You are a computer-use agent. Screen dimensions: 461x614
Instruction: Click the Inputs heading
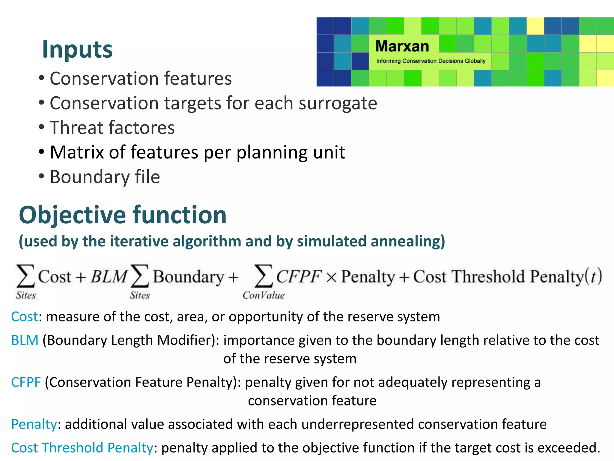pyautogui.click(x=77, y=50)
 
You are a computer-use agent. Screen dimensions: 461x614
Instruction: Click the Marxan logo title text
pyautogui.click(x=402, y=47)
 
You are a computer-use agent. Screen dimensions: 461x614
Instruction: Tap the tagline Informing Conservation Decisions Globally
pyautogui.click(x=431, y=61)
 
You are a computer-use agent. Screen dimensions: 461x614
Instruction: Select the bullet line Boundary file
pyautogui.click(x=105, y=177)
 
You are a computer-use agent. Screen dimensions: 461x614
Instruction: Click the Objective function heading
pyautogui.click(x=122, y=215)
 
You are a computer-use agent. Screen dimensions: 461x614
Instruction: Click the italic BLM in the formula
pyautogui.click(x=109, y=276)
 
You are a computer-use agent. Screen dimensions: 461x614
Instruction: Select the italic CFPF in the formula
pyautogui.click(x=299, y=276)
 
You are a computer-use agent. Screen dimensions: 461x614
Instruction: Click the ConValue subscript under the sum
pyautogui.click(x=264, y=296)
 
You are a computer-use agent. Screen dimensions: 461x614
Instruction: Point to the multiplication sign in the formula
pyautogui.click(x=331, y=277)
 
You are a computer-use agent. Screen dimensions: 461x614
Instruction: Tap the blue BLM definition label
pyautogui.click(x=25, y=340)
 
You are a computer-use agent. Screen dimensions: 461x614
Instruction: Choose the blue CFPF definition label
pyautogui.click(x=26, y=382)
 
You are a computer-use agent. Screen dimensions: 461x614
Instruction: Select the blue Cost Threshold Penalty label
pyautogui.click(x=82, y=448)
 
